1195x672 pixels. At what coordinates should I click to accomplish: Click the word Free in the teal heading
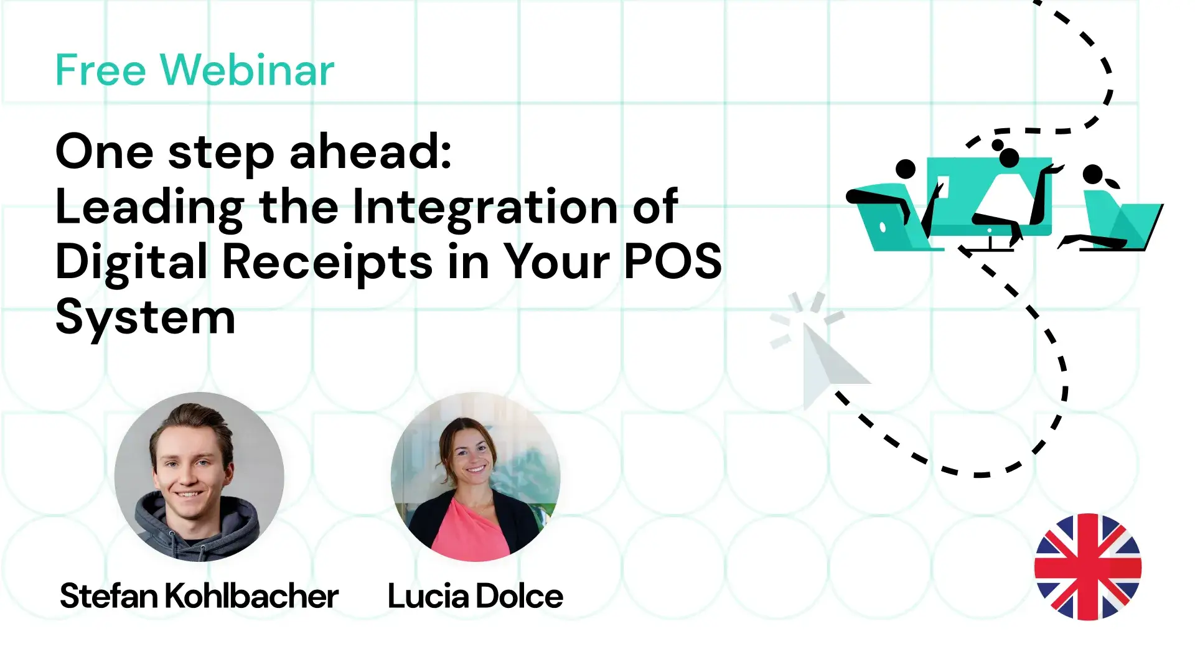(100, 70)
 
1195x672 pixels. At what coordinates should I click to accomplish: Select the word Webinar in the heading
(247, 70)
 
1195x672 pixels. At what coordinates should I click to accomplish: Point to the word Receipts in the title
(327, 261)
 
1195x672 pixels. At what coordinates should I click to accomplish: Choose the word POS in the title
(673, 261)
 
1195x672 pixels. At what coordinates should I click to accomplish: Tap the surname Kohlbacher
(251, 596)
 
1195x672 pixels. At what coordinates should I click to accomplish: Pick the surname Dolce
(520, 596)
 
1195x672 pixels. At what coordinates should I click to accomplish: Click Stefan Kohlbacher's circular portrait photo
(199, 477)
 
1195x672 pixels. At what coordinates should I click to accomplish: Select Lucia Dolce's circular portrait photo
(476, 477)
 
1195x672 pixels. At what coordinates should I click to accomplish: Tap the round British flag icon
(1088, 567)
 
